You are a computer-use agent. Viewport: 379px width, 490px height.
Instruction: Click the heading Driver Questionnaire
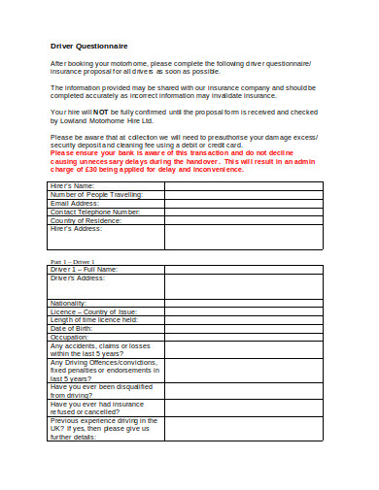pos(88,46)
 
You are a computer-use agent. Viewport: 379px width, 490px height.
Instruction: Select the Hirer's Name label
pos(72,185)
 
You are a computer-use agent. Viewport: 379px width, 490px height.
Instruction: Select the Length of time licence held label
pos(94,320)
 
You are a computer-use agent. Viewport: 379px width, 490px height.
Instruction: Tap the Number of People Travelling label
pos(96,194)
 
